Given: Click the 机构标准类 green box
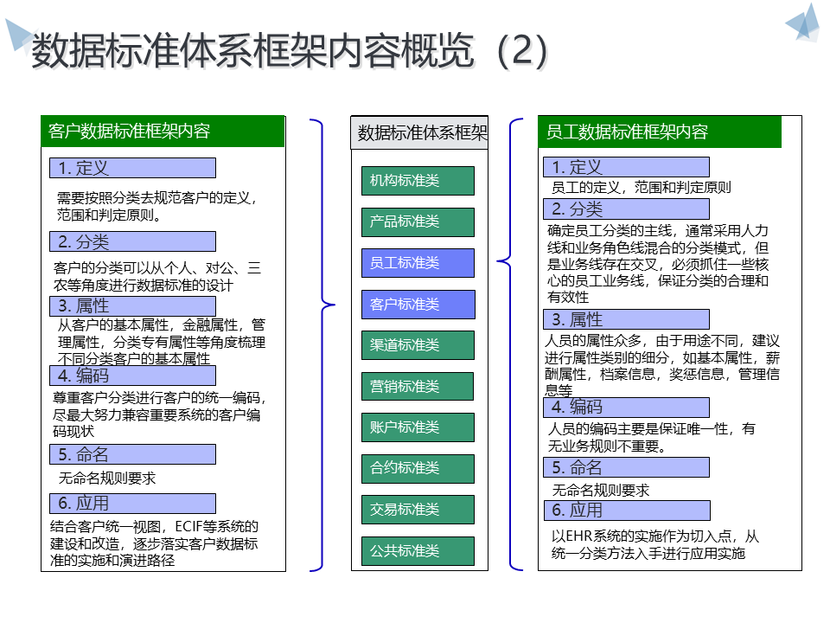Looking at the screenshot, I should coord(418,181).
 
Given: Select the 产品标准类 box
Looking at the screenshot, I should coord(418,222).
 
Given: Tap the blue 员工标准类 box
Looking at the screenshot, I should coord(418,263).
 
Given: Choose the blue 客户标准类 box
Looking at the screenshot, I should coord(418,305).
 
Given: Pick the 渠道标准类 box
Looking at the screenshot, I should coord(418,345).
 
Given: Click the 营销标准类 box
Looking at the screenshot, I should coord(418,387).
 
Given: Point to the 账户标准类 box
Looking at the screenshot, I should coord(418,427).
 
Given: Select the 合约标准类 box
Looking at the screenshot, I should coord(418,469).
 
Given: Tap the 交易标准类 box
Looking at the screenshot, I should coord(418,510).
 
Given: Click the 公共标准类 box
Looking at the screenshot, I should coord(418,551).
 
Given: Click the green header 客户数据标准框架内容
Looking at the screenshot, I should coord(163,132).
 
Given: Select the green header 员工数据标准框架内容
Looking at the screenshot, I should coord(660,132).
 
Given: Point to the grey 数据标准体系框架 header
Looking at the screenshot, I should coord(419,132).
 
